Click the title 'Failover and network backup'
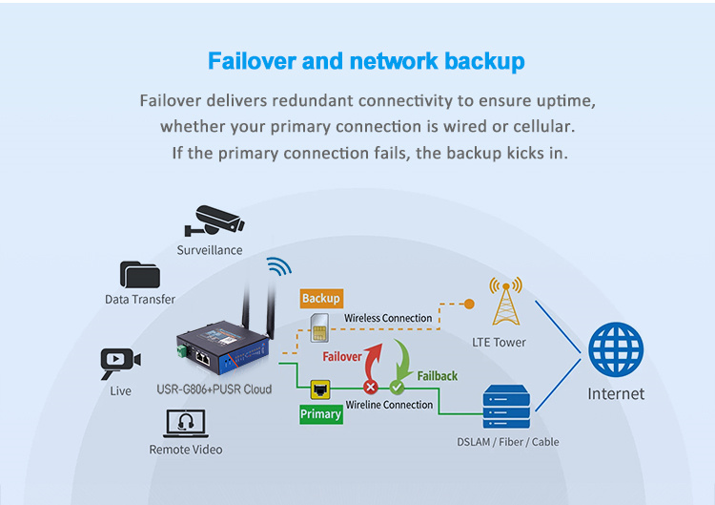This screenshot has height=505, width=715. tap(366, 62)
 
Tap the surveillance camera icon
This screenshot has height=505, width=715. tap(214, 221)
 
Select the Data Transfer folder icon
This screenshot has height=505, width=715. tap(139, 275)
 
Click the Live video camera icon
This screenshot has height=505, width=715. tap(120, 361)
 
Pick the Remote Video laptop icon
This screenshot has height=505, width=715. tap(186, 424)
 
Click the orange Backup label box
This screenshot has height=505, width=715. tap(320, 299)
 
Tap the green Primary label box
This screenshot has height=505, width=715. tap(321, 414)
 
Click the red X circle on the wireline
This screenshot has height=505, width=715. tap(371, 387)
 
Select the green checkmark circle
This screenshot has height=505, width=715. tap(397, 387)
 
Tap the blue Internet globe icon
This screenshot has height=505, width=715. tap(616, 350)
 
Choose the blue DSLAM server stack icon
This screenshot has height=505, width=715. tap(506, 407)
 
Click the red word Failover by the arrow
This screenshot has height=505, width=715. tap(342, 357)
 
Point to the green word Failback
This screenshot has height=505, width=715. tap(438, 376)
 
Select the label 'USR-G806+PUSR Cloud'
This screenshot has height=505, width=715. tap(214, 389)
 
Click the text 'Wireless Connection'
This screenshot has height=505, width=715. tap(388, 318)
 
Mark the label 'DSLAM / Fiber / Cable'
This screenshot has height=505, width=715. tap(507, 442)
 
